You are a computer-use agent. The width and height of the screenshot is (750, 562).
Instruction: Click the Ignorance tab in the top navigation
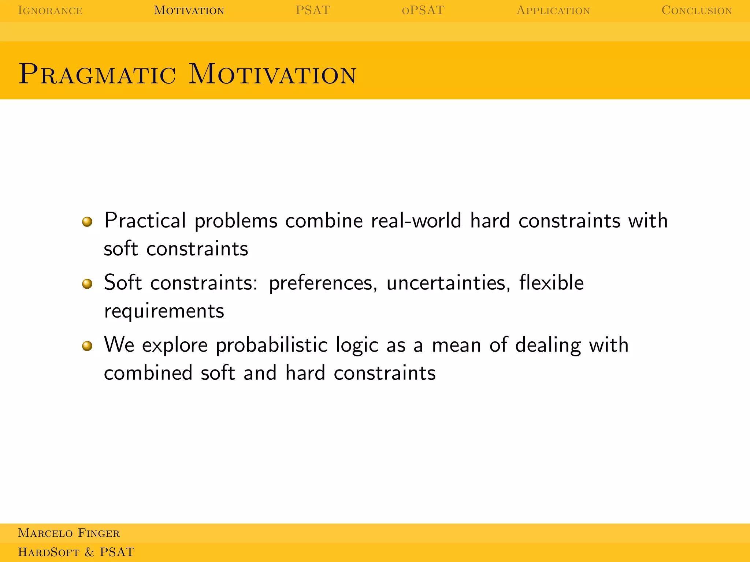point(50,10)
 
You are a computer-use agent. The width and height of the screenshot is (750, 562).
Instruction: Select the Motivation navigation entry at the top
point(189,10)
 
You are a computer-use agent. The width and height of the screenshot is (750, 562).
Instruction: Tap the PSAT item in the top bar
point(313,10)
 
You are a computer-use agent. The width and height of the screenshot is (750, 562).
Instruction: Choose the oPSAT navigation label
point(423,10)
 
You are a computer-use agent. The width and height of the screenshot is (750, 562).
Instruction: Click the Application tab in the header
point(553,10)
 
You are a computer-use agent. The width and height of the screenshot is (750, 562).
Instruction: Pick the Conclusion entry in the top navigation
point(697,10)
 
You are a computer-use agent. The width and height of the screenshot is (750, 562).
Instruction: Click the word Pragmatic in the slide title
point(97,74)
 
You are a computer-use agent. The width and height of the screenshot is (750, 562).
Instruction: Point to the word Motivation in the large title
point(272,74)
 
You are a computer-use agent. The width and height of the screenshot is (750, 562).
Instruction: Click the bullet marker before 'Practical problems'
point(87,221)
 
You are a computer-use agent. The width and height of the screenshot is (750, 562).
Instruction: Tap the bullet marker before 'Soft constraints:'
point(87,284)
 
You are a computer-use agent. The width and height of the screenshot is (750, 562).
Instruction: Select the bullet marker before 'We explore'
point(87,346)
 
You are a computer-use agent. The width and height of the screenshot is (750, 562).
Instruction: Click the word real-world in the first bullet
point(416,221)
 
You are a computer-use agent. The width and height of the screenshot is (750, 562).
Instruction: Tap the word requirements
point(164,311)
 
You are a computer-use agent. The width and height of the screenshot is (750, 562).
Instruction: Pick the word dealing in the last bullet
point(548,345)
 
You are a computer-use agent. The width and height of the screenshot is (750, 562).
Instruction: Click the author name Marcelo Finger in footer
point(69,533)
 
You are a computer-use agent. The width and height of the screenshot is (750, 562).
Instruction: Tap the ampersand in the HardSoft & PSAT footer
point(89,552)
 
